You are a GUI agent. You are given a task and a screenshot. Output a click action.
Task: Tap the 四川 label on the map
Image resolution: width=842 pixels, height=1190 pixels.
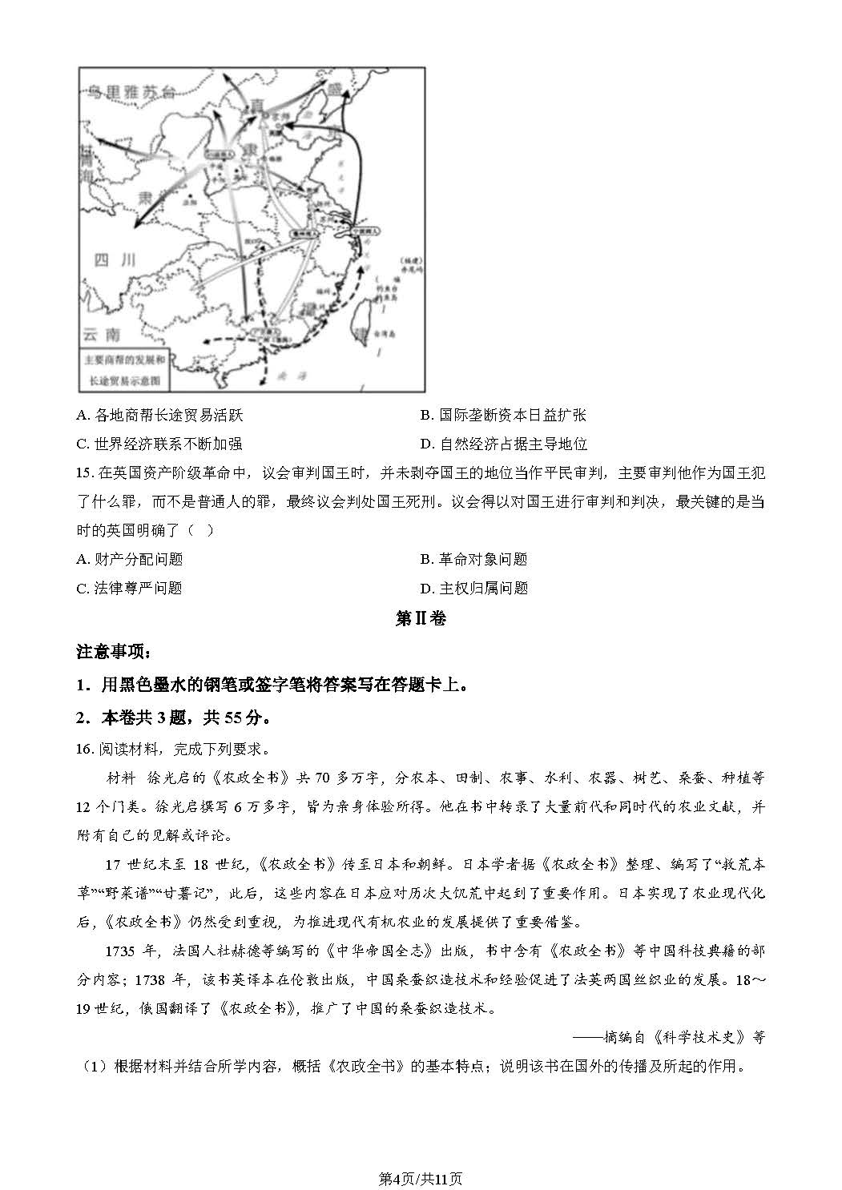(110, 259)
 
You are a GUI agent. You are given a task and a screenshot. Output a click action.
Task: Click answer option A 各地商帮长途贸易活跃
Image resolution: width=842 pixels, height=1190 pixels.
(159, 416)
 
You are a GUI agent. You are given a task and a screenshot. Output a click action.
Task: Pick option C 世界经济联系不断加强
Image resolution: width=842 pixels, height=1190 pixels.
(159, 444)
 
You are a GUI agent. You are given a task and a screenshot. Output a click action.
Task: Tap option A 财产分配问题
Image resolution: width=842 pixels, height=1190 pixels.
(130, 560)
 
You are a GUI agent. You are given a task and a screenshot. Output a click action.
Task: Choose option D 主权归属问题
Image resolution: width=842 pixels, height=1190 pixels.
(474, 589)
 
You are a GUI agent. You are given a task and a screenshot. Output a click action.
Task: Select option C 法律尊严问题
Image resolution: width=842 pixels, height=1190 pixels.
(130, 589)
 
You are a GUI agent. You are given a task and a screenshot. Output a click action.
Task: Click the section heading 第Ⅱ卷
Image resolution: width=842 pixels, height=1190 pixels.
(421, 619)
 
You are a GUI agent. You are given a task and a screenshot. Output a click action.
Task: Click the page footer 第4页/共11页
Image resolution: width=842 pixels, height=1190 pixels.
(421, 1178)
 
